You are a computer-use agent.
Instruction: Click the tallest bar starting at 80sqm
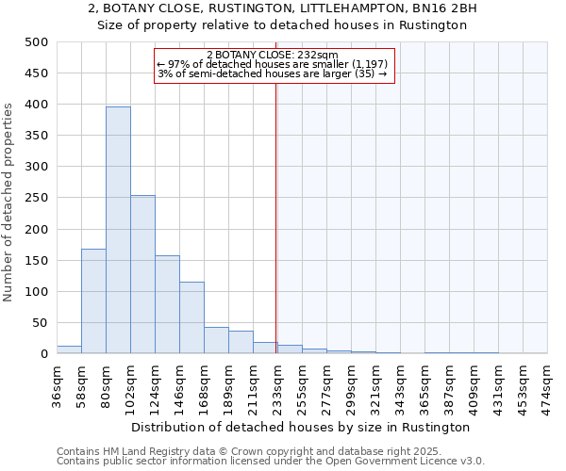118,231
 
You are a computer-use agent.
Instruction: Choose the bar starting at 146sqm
191,317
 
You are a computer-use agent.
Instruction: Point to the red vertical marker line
275,217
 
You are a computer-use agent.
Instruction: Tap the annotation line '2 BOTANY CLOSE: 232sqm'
273,55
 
